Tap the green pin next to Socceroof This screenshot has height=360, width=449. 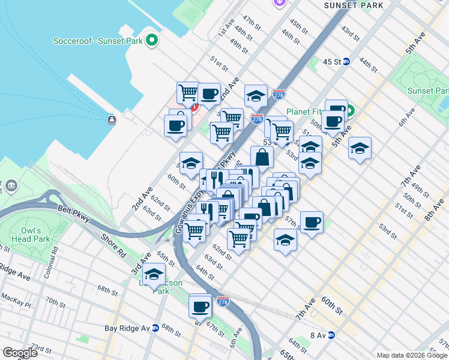(152, 41)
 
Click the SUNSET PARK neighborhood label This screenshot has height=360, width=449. (353, 5)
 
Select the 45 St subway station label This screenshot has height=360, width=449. (332, 62)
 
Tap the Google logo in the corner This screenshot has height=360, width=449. (20, 353)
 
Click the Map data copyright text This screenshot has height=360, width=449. (412, 355)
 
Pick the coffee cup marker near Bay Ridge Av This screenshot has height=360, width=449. (200, 307)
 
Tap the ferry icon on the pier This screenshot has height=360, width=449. (112, 119)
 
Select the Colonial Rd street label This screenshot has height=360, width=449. (55, 254)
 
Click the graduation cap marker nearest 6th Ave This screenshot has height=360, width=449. (360, 148)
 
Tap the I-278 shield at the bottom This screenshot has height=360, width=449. (223, 299)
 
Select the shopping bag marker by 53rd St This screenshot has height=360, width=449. (262, 158)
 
